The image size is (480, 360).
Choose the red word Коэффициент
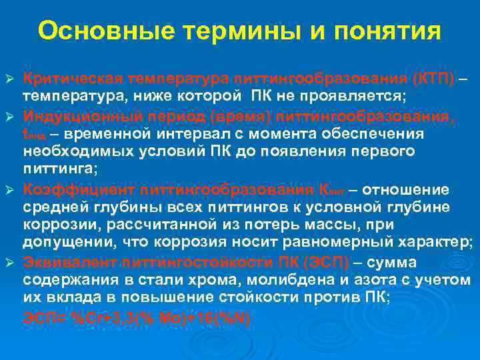click(71, 189)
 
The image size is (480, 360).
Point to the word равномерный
click(341, 241)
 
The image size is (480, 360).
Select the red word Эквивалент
click(64, 262)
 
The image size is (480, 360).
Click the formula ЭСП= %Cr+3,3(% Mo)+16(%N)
click(137, 318)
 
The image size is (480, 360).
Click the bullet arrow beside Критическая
click(11, 81)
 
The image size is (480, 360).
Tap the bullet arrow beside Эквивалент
click(11, 263)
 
